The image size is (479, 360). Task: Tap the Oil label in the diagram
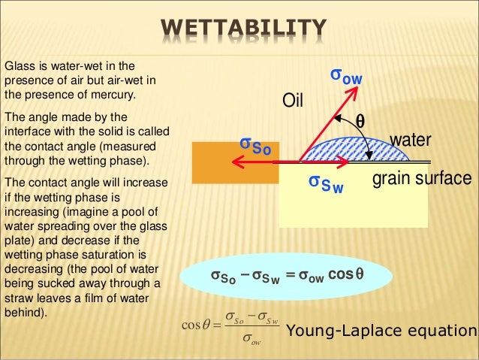[x=292, y=99]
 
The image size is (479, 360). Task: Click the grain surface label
[x=422, y=179]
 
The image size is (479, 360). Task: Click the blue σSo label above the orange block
[x=255, y=145]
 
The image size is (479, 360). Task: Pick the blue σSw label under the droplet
[x=326, y=183]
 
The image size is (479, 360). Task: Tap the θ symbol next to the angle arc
[x=360, y=121]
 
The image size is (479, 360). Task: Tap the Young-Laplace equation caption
[x=382, y=331]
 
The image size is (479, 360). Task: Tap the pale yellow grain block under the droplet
[x=353, y=203]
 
